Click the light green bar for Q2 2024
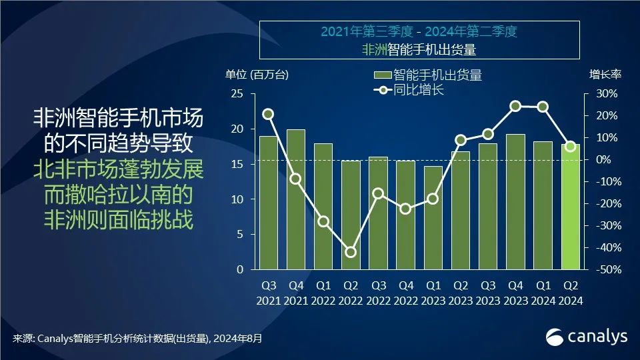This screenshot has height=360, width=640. click(570, 208)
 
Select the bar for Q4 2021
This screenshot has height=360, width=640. click(295, 200)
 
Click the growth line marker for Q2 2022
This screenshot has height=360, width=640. click(350, 252)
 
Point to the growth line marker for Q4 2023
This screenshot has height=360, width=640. click(515, 106)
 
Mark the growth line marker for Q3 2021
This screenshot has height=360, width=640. click(268, 114)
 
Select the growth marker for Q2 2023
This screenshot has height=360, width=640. click(461, 140)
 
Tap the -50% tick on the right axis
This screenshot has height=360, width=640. click(605, 270)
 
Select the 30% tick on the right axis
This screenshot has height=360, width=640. click(605, 94)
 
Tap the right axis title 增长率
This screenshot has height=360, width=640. click(604, 74)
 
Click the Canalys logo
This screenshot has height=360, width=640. click(587, 337)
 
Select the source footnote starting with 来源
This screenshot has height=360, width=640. click(137, 339)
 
